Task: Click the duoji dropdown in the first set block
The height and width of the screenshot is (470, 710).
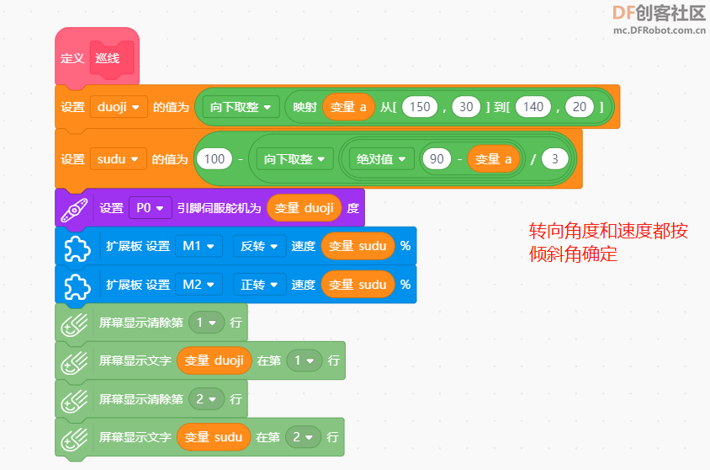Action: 119,107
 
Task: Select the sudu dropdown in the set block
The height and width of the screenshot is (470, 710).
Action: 118,158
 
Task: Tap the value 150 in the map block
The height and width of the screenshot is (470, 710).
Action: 421,107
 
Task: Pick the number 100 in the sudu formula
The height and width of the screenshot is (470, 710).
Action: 215,158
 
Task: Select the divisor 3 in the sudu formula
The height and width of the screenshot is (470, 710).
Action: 554,158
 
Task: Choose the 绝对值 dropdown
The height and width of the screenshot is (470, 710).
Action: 383,158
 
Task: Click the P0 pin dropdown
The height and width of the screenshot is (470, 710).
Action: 150,208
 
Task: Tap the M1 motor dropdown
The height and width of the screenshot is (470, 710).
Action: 199,246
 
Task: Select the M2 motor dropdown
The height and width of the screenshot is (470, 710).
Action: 199,285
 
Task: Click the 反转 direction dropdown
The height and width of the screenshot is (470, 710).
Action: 259,246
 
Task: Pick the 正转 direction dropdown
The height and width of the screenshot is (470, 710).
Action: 259,285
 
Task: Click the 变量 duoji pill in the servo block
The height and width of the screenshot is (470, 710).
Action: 304,208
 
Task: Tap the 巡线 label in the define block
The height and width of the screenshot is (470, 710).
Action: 108,59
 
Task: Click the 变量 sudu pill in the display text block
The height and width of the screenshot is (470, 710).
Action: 214,437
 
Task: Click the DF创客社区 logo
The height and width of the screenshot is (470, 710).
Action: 659,13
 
